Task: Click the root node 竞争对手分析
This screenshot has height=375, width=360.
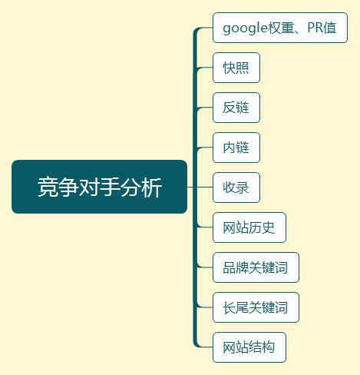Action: [99, 187]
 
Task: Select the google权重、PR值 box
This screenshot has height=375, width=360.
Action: [280, 28]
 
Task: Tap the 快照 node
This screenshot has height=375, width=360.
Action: [236, 68]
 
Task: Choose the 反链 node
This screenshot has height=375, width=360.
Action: [236, 108]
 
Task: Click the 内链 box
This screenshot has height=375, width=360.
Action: [236, 148]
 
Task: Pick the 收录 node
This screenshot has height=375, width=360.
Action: [236, 187]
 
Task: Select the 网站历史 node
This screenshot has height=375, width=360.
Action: [249, 227]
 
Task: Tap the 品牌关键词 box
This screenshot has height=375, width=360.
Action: [256, 267]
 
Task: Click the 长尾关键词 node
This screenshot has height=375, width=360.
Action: [256, 307]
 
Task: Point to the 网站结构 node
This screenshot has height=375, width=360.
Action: [249, 347]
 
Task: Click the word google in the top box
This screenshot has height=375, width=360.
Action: [245, 28]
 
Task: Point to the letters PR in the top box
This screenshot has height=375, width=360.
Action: [315, 28]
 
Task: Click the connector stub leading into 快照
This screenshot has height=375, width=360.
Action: [204, 68]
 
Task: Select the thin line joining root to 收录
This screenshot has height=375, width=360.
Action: [200, 187]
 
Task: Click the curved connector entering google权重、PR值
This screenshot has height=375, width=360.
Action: [201, 29]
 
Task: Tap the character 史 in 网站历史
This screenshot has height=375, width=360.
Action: [268, 227]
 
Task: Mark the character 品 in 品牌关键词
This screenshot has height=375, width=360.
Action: [230, 267]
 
